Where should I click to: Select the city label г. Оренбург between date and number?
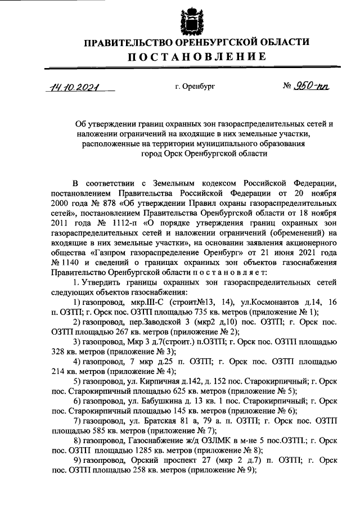(x=195, y=88)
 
